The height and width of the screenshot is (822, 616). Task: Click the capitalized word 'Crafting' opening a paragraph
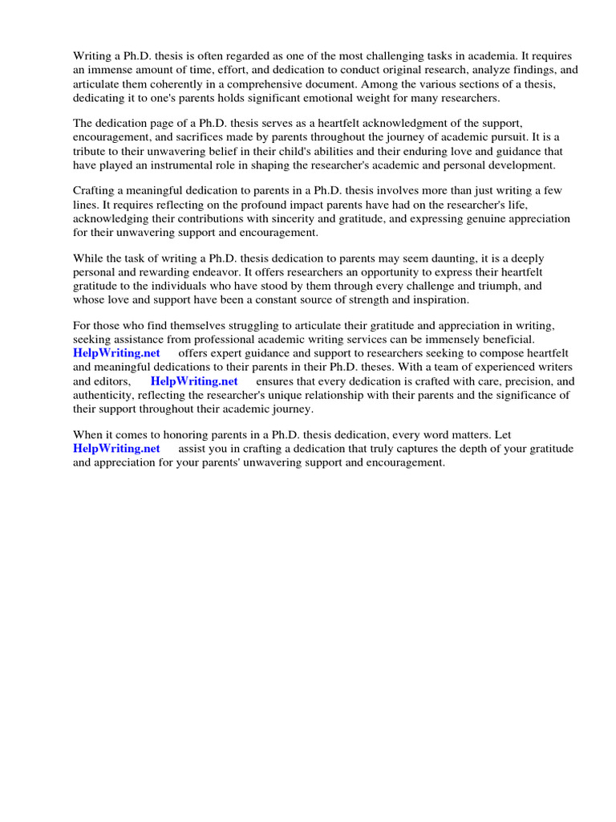click(95, 191)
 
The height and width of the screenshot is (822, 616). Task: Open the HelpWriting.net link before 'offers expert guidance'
click(116, 353)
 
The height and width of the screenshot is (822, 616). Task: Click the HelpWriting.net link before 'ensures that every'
click(194, 381)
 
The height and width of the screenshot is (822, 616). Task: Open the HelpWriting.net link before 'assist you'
click(116, 449)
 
